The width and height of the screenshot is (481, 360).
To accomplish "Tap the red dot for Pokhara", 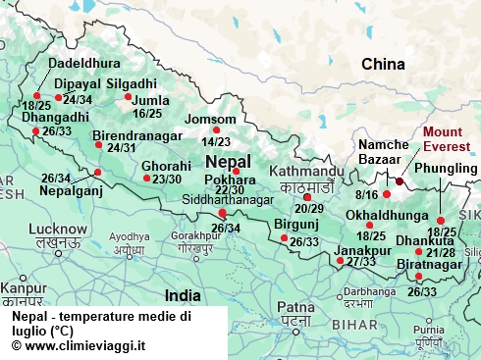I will pos(236,171).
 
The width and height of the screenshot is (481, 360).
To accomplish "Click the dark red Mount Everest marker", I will pos(400,181).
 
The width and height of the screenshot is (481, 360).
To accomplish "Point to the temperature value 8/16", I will pos(365,196).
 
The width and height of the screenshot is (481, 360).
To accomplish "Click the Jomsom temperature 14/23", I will pos(216,142).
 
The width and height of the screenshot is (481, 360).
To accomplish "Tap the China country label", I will pos(383,65).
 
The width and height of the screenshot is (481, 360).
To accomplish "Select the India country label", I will pos(183,294).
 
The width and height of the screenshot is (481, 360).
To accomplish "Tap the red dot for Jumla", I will pos(128,96).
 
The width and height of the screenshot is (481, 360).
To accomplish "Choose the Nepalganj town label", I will pos(70,191).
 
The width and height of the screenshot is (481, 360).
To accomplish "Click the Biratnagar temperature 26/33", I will pos(422,291).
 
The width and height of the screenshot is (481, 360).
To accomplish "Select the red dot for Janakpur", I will pos(341,262).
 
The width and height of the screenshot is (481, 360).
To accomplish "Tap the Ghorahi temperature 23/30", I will pos(162,179).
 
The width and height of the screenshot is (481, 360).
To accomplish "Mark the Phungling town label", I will pos(447,168).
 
